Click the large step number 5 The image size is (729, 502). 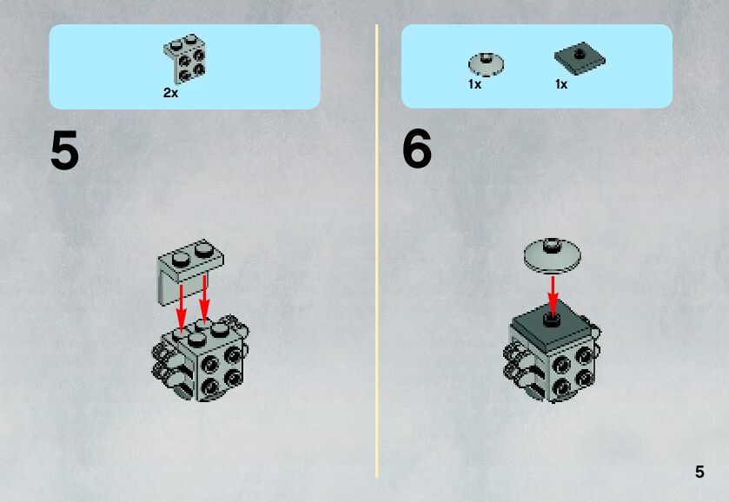pos(64,150)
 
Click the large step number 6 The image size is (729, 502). pos(416,149)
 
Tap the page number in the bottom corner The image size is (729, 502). pos(699,472)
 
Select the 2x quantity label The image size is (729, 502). pos(170,93)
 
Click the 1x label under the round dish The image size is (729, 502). pos(474,84)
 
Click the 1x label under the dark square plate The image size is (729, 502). pos(561,84)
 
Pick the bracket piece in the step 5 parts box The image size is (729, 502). pos(185,59)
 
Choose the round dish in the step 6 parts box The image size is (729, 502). pos(486,64)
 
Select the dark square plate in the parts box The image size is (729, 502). pos(580,58)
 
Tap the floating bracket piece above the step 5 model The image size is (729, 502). pos(189,272)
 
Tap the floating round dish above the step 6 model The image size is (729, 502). pos(553,255)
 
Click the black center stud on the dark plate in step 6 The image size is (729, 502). pos(552,320)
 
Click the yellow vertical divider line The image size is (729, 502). pos(376,251)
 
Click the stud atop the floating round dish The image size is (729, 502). pos(552,244)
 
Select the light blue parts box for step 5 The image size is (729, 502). pos(184,67)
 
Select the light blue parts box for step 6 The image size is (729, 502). pos(537,67)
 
